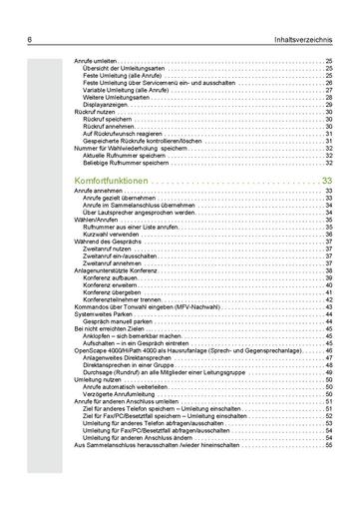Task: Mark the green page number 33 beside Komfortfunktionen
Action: pyautogui.click(x=327, y=180)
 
